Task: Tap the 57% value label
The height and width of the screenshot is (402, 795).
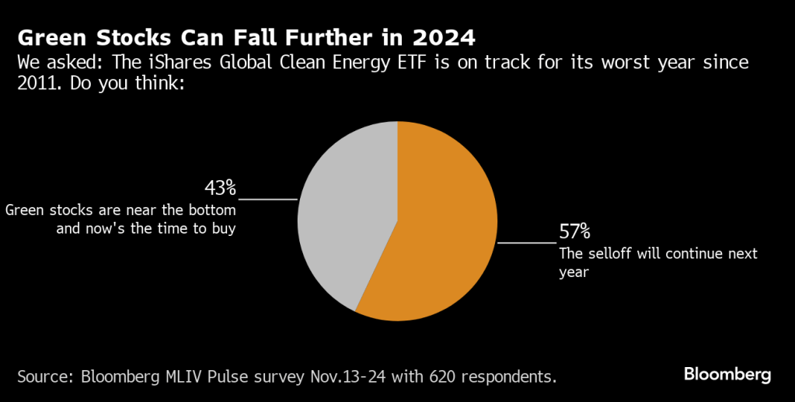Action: click(x=574, y=231)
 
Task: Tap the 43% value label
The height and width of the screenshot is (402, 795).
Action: click(x=220, y=188)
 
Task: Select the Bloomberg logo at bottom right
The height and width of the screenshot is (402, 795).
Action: click(x=727, y=375)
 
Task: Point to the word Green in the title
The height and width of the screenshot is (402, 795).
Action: click(x=46, y=37)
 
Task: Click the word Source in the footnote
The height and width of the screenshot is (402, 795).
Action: click(x=44, y=377)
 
